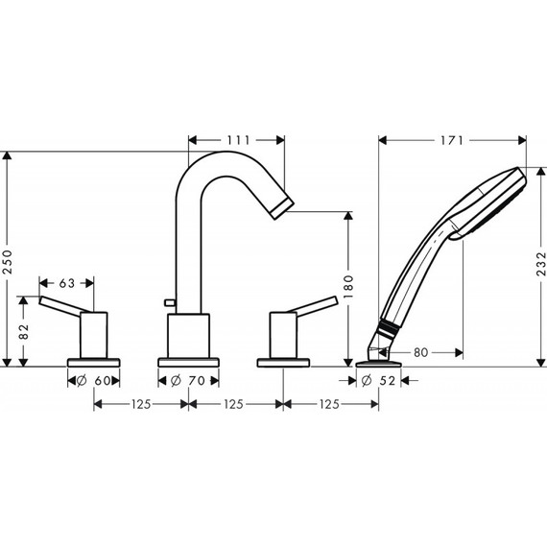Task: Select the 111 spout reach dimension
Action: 237,140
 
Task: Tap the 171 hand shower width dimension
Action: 453,140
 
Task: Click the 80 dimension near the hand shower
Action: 421,351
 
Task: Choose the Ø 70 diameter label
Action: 189,381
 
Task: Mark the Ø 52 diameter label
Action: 381,381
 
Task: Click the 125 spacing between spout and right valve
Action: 236,404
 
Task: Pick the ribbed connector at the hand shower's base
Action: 386,330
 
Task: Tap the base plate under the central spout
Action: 189,361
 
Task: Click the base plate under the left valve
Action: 94,361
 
